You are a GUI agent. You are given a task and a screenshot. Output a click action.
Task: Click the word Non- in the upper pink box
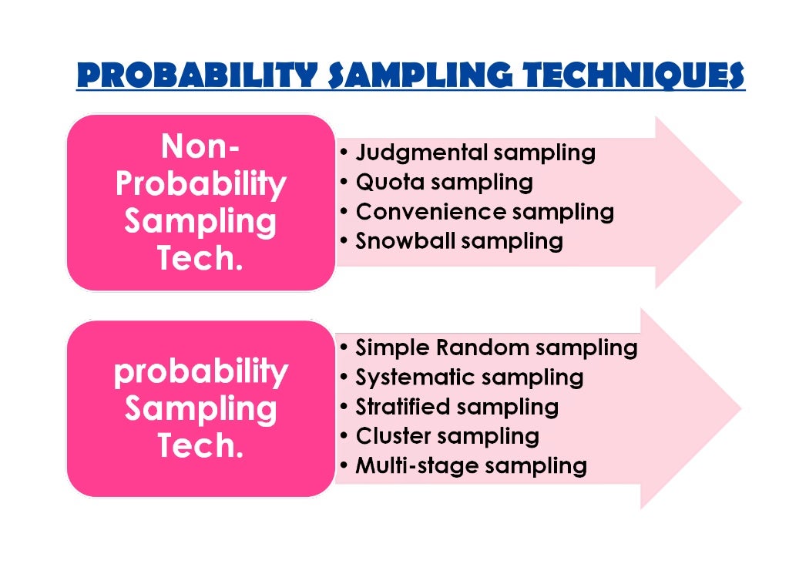pos(200,146)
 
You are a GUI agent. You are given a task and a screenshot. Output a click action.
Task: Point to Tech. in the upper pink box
pos(200,258)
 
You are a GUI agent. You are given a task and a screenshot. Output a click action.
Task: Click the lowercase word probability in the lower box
pos(200,371)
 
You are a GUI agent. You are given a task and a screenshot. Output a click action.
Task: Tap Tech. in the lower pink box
pos(200,445)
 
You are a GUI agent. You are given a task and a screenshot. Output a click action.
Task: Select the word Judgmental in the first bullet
pos(421,153)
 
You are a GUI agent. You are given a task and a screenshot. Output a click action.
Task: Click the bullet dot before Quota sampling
pos(344,183)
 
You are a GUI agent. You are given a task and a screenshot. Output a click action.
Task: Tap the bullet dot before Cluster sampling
pos(344,437)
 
